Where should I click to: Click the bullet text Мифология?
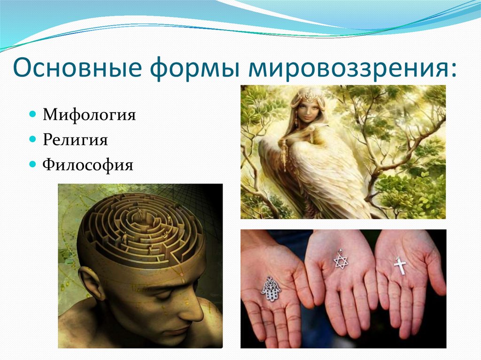tap(89, 115)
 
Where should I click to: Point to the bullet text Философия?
tap(88, 165)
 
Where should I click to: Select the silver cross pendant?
tap(400, 266)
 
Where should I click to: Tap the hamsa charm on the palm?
tap(271, 289)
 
